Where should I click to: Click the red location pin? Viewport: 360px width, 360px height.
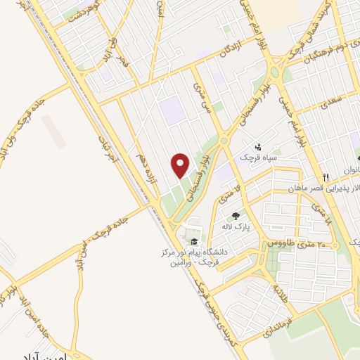pos(181,165)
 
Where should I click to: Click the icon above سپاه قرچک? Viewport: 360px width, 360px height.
pos(259,147)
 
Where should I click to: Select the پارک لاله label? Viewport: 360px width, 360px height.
pos(236,227)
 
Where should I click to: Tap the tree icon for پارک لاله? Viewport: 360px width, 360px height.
pos(236,215)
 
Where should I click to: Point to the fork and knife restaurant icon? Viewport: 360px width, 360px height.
pos(325,176)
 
